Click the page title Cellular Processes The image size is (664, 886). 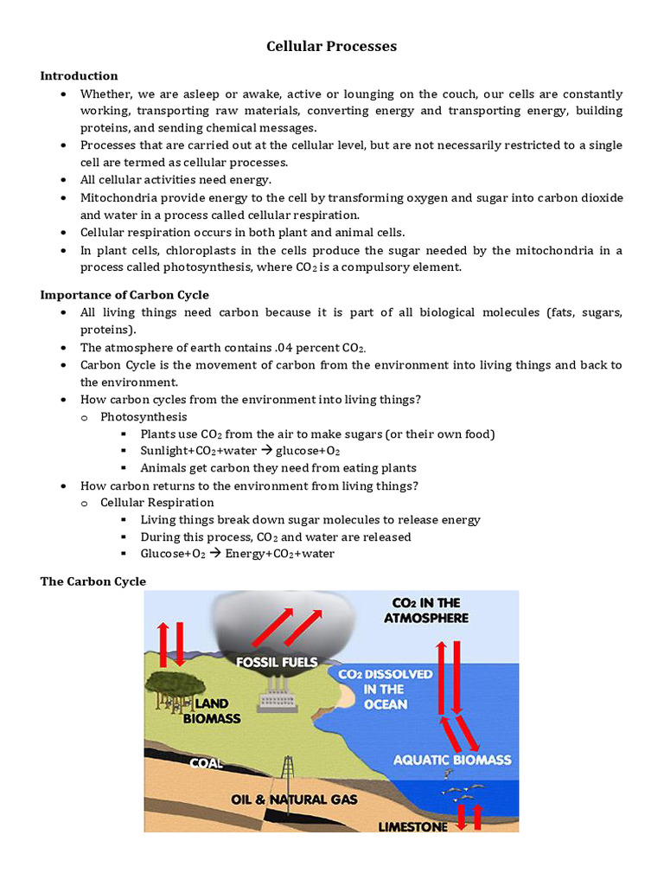click(331, 47)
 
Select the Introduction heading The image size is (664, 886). click(79, 76)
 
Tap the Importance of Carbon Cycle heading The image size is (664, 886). click(124, 295)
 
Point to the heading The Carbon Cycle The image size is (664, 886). click(93, 581)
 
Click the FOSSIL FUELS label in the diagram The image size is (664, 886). click(277, 663)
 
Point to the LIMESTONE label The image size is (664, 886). click(413, 827)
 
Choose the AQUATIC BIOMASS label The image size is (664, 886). click(452, 761)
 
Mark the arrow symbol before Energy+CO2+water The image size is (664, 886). click(215, 554)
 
